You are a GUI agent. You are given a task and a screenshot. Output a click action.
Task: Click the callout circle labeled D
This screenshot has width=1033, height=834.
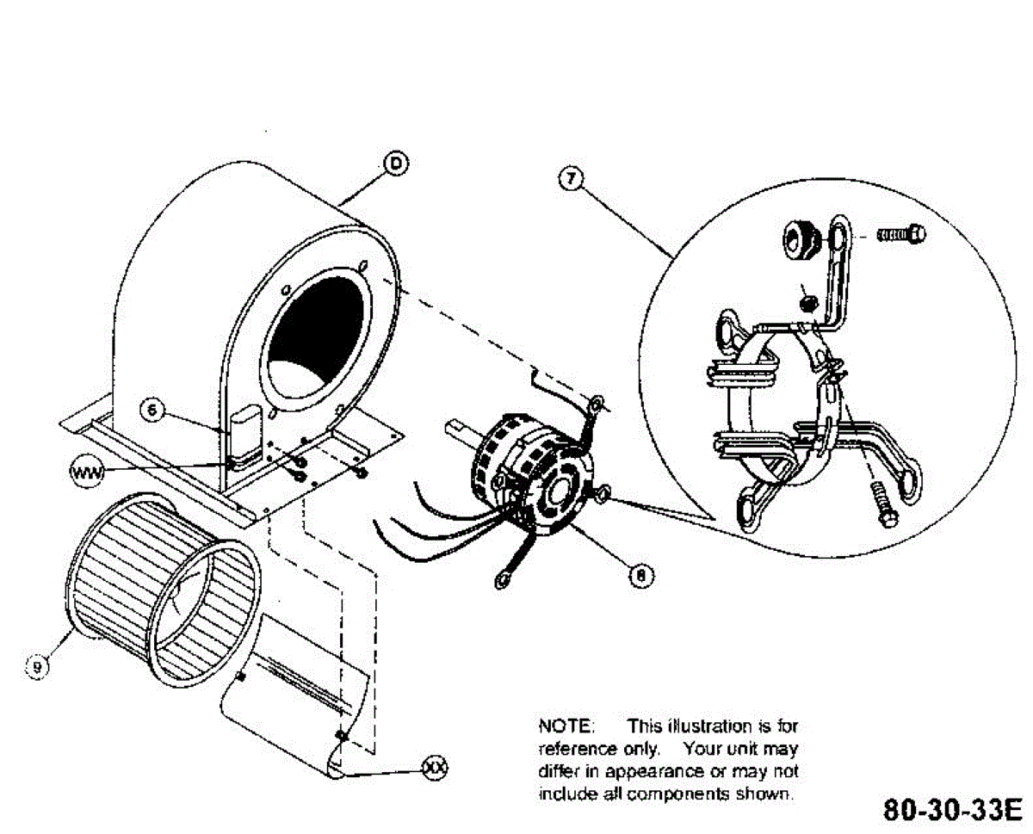pos(394,164)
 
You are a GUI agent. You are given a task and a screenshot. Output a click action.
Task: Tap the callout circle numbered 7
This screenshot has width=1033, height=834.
pos(570,178)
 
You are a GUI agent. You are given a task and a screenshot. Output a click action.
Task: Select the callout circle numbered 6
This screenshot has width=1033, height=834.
pos(152,411)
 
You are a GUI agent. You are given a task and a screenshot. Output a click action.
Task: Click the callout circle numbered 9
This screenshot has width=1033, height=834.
pos(37,664)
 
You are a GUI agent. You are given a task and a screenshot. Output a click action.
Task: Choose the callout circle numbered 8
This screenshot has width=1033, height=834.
pos(639,574)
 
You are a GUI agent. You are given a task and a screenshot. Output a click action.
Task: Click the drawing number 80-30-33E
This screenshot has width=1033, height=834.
pos(951,810)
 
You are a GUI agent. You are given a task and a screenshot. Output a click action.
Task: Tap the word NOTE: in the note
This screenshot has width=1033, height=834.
pos(561,726)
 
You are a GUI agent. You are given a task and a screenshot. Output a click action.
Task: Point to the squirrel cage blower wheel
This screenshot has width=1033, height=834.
pos(164,590)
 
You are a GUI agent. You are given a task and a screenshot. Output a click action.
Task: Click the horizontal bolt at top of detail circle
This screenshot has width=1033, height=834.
pos(901,233)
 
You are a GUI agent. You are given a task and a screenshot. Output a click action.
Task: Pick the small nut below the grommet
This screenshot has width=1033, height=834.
pos(808,302)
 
